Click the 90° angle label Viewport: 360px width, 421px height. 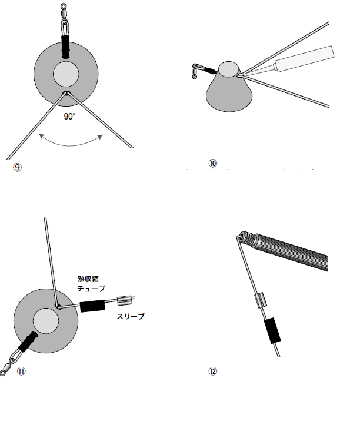[x=69, y=116]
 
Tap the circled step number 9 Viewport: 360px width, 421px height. [x=18, y=168]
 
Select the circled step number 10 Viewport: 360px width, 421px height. [x=213, y=163]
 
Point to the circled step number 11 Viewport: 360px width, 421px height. [x=21, y=372]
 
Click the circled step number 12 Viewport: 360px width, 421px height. [x=213, y=372]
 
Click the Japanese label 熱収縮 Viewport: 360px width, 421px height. [x=88, y=279]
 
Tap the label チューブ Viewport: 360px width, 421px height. [x=91, y=289]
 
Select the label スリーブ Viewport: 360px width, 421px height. [x=131, y=316]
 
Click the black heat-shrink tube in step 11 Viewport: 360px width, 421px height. [x=92, y=306]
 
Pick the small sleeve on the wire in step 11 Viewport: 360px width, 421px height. [x=125, y=300]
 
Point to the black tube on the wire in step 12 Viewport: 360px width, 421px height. [x=272, y=330]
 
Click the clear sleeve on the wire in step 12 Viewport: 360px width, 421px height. [x=261, y=300]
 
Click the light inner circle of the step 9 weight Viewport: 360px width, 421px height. [x=66, y=74]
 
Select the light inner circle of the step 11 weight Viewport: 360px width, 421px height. [x=46, y=321]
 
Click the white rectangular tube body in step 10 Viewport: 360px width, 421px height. [x=305, y=59]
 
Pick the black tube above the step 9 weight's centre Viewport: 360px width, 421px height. [x=65, y=47]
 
